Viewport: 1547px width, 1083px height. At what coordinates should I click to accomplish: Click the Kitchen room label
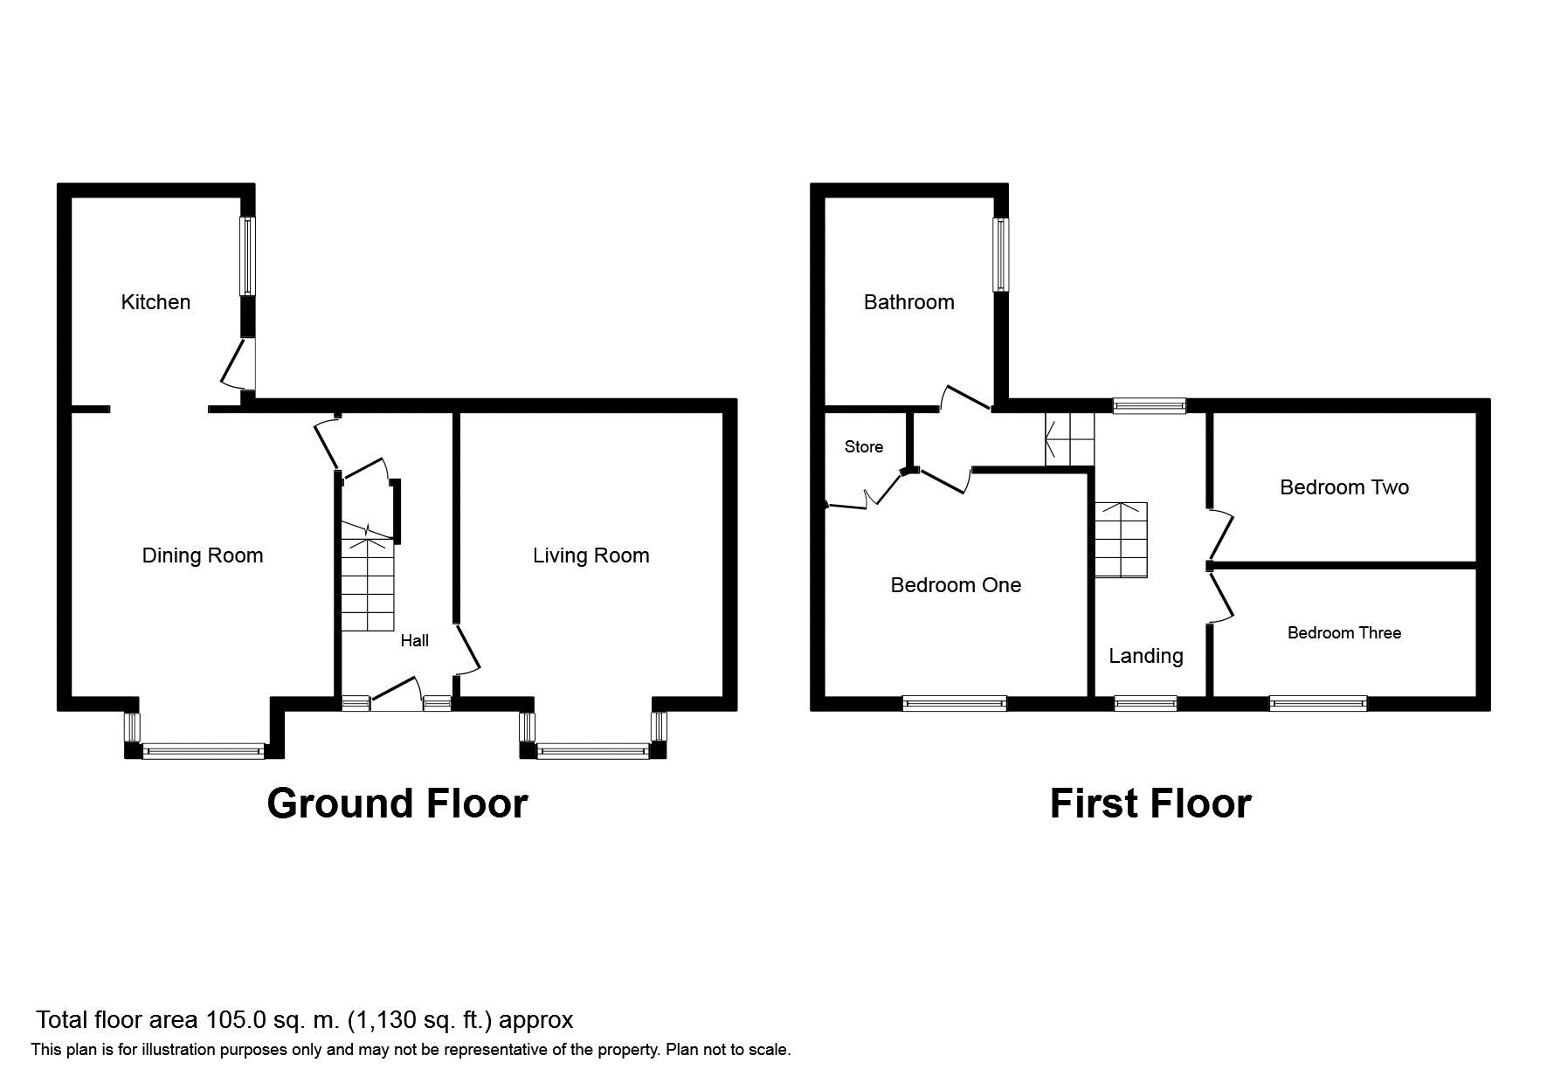(x=155, y=302)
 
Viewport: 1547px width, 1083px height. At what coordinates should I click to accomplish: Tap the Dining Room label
(x=202, y=555)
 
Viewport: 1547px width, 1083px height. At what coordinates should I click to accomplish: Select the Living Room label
(x=590, y=555)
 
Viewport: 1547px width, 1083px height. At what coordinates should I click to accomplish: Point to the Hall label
(x=414, y=641)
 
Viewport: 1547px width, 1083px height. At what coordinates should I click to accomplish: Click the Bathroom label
(x=908, y=302)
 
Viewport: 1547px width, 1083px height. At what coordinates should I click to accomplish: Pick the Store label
(x=863, y=447)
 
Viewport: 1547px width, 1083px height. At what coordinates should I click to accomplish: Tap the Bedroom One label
(x=955, y=585)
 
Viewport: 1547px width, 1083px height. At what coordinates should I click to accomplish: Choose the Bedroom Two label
(x=1343, y=487)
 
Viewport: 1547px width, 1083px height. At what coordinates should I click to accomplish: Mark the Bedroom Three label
(x=1343, y=633)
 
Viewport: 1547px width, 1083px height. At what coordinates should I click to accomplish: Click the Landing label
(x=1145, y=656)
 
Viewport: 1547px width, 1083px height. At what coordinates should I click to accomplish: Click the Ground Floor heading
(x=397, y=804)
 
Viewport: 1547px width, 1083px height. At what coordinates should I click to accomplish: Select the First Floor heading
(x=1150, y=804)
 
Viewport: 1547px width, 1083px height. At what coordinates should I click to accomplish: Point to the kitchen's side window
(x=248, y=255)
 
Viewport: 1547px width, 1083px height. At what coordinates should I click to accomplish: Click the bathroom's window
(x=1001, y=253)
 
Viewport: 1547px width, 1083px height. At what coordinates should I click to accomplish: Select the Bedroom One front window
(x=954, y=703)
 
